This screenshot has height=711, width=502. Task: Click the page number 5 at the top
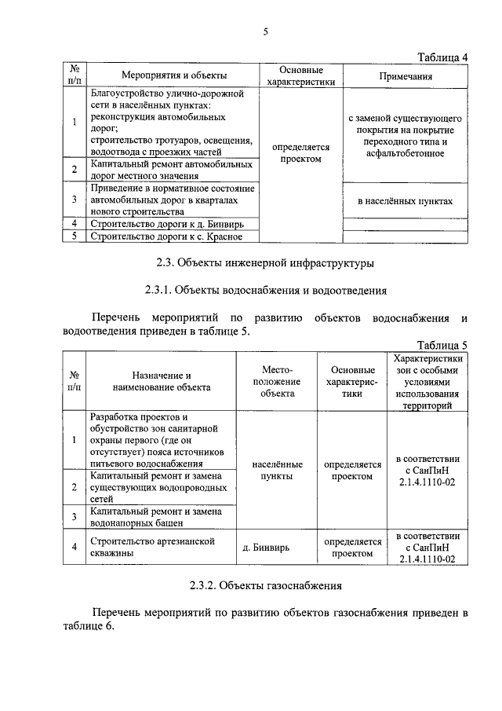tap(265, 31)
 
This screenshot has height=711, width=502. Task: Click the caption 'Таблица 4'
tap(442, 57)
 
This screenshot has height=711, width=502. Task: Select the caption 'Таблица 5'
tap(442, 345)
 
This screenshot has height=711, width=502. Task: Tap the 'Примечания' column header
tap(406, 76)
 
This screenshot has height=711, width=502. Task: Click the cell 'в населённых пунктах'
tap(406, 201)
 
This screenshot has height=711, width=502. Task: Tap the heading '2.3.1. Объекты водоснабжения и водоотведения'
tap(265, 290)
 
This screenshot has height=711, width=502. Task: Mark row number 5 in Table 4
tap(74, 236)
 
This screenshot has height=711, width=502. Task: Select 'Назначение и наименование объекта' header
tap(162, 381)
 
